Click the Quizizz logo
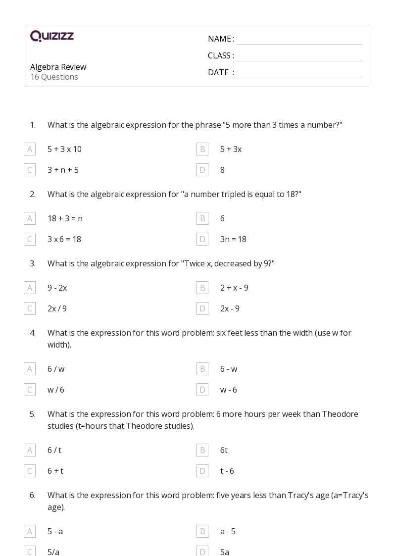coord(52,36)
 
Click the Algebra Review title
coord(58,67)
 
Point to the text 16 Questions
coord(54,77)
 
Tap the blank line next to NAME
coord(299,40)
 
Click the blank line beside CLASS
coord(299,56)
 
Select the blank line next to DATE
coord(299,73)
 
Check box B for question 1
coord(202,149)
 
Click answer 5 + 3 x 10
coord(64,149)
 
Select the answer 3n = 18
coord(233,239)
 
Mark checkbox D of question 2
coord(202,239)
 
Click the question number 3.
coord(33,263)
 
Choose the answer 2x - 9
coord(230,308)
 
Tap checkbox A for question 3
coord(30,288)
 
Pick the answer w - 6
coord(229,390)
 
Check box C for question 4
coord(30,390)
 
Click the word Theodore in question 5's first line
coord(340,414)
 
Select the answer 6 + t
coord(55,471)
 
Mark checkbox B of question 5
coord(202,450)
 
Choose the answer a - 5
coord(228,531)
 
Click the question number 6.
coord(33,495)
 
